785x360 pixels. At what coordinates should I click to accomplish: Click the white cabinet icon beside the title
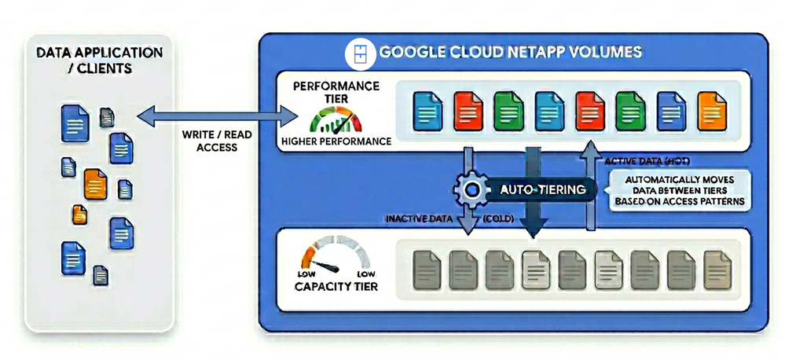pyautogui.click(x=360, y=53)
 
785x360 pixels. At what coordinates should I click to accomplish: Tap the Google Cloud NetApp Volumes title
pyautogui.click(x=511, y=52)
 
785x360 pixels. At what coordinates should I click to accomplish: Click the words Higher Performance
pyautogui.click(x=336, y=141)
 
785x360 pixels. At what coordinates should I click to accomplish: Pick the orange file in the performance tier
pyautogui.click(x=711, y=111)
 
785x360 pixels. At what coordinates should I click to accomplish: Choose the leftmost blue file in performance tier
pyautogui.click(x=427, y=111)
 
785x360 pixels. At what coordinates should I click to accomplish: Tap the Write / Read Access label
pyautogui.click(x=217, y=141)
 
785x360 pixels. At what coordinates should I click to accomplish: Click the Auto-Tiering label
pyautogui.click(x=543, y=189)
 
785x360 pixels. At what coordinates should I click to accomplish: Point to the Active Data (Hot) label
pyautogui.click(x=647, y=161)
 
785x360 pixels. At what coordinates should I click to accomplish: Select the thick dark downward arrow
pyautogui.click(x=534, y=193)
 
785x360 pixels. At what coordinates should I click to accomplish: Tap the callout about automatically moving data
pyautogui.click(x=680, y=190)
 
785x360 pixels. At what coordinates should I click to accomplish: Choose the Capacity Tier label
pyautogui.click(x=336, y=287)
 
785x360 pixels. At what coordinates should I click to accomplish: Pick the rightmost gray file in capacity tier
pyautogui.click(x=717, y=270)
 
